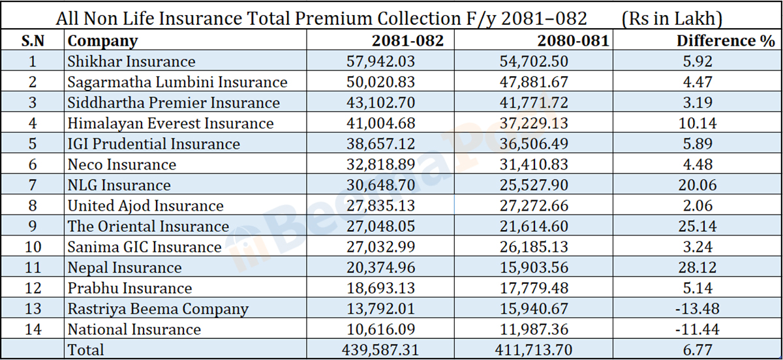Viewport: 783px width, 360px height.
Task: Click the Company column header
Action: [x=103, y=41]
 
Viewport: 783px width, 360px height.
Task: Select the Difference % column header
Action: [x=725, y=41]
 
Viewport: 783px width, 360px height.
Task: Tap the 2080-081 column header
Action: [x=572, y=41]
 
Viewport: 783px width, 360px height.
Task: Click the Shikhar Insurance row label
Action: [x=132, y=62]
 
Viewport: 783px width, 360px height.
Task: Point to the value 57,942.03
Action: [x=380, y=62]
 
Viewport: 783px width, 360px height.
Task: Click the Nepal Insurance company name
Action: [x=125, y=267]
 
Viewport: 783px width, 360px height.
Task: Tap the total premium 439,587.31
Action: [x=380, y=350]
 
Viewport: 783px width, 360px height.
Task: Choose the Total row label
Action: [x=86, y=350]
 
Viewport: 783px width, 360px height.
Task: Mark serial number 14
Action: [x=33, y=329]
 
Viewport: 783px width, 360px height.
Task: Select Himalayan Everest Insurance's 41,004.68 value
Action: [x=380, y=123]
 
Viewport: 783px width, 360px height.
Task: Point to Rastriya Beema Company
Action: [x=159, y=308]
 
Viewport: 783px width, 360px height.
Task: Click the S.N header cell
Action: [x=33, y=41]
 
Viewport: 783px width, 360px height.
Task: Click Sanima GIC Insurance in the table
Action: [x=145, y=247]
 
